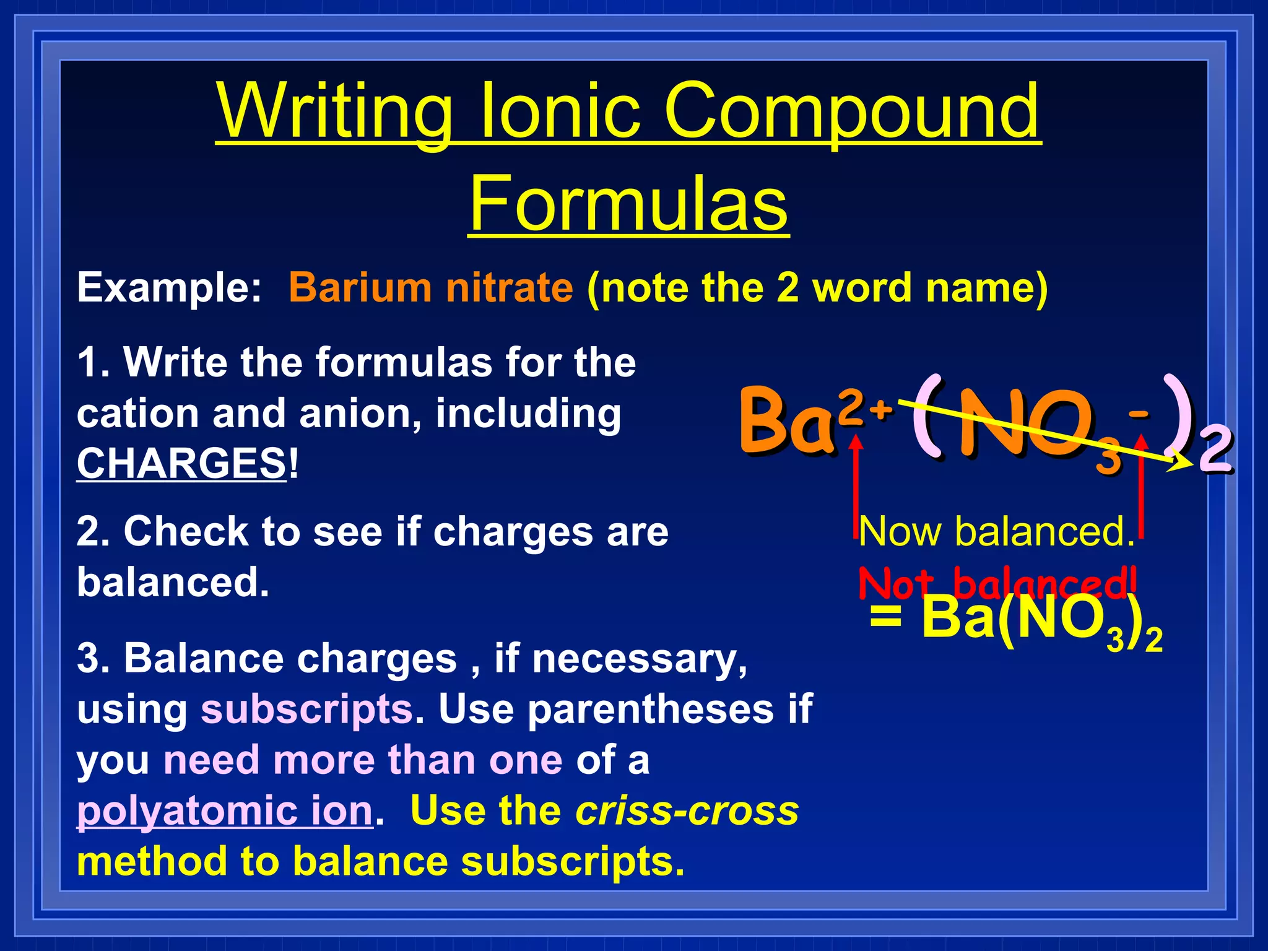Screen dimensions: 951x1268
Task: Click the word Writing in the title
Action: (334, 111)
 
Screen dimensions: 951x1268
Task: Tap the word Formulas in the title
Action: (628, 203)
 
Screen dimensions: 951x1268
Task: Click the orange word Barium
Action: (360, 288)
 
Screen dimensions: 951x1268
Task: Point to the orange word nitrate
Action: (510, 288)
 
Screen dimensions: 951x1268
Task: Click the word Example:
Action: (169, 288)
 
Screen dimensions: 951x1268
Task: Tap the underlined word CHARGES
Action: (181, 463)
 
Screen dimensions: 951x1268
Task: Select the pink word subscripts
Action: (306, 709)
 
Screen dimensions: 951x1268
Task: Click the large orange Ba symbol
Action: (786, 421)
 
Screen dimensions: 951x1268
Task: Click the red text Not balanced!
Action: (997, 583)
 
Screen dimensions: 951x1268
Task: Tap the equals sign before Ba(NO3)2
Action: (885, 617)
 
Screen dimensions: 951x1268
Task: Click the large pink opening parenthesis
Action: (927, 418)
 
